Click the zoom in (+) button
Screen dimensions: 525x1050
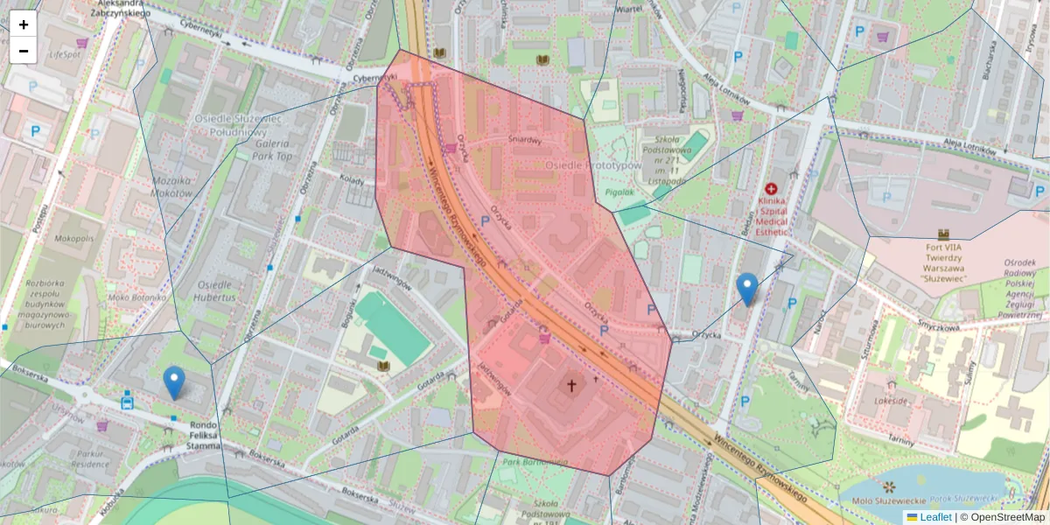[24, 24]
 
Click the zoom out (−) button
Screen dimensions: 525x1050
[24, 51]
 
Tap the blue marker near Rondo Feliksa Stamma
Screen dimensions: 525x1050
[174, 382]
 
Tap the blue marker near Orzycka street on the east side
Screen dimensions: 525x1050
[746, 289]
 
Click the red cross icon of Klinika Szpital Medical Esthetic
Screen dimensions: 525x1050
[771, 189]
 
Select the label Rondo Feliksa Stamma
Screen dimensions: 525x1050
[203, 436]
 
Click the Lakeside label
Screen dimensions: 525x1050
[889, 401]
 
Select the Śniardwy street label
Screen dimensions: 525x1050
[526, 139]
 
